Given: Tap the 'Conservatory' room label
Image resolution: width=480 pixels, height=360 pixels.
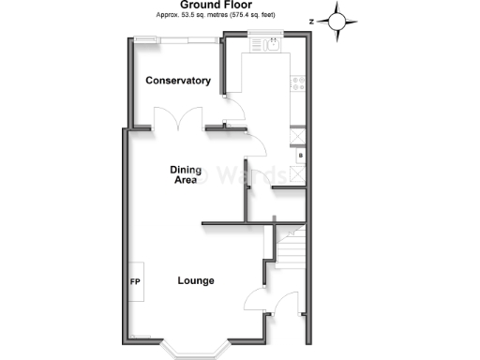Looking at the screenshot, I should coord(177,82).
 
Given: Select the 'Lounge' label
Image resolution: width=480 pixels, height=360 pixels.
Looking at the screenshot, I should coord(196,280).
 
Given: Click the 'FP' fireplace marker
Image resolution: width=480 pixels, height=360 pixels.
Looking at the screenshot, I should coord(134,281).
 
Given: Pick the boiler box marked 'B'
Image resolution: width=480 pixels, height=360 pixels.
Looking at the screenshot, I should coord(300,156).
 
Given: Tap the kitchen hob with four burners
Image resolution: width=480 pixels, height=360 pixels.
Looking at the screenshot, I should coord(299,82).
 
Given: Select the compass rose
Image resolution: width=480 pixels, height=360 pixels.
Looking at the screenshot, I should coord(338,19).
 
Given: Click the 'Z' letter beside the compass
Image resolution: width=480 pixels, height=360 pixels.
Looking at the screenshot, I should coord(311,18).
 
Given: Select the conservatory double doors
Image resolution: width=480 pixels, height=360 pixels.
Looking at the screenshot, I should coord(178,120).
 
